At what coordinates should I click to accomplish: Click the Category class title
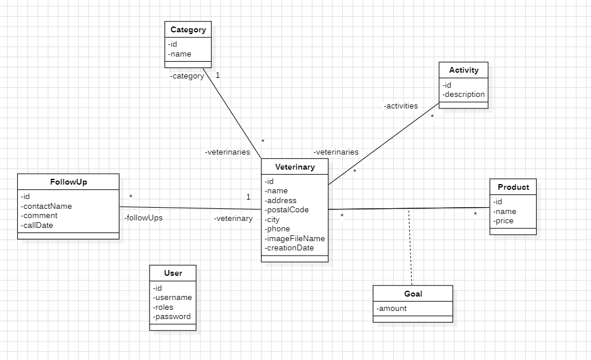click(x=188, y=29)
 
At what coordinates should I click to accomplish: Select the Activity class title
click(x=463, y=70)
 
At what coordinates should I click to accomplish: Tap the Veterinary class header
click(x=295, y=167)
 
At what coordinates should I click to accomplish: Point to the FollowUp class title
click(x=69, y=182)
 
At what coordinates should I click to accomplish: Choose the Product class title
click(x=513, y=187)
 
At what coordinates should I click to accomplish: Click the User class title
click(x=173, y=273)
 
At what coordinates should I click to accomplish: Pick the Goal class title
click(x=413, y=294)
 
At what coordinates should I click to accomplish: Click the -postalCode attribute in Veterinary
click(x=287, y=210)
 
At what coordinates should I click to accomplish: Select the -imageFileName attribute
click(x=295, y=238)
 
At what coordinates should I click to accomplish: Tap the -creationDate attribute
click(x=289, y=248)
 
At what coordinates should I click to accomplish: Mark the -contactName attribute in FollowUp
click(x=46, y=206)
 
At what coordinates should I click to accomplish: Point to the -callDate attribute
click(x=37, y=225)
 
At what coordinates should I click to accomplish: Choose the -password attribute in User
click(x=172, y=317)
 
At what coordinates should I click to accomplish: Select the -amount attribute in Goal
click(x=392, y=309)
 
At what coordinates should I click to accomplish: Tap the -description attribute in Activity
click(x=464, y=95)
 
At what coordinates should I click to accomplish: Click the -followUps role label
click(x=143, y=218)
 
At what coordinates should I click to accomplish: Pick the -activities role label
click(x=401, y=106)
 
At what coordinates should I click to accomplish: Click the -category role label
click(x=187, y=76)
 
